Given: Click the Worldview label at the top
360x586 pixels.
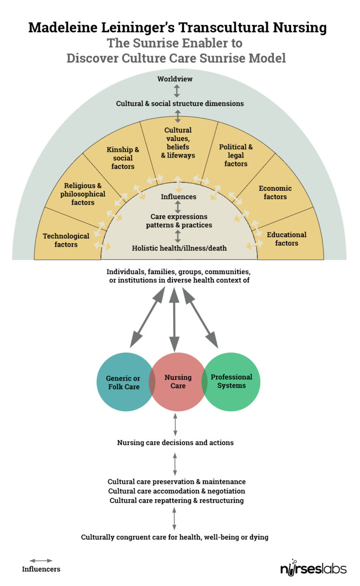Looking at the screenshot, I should pos(175,79).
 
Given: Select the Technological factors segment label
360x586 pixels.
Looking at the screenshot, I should pos(66,240).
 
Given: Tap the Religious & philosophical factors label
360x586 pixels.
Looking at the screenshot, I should pos(83,194).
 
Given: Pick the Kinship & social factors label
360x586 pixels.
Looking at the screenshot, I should pos(123,158).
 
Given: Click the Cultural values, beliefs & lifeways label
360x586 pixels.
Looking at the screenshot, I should pos(178,143).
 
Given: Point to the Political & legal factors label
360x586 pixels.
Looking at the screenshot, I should pos(236,155).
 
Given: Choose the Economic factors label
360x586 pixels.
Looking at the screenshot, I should pos(275,192).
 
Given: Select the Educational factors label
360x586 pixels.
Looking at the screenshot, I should pos(286,239).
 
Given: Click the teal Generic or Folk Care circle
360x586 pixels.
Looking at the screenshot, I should pos(122,383).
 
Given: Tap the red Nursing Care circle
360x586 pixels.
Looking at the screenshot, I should pos(178,382).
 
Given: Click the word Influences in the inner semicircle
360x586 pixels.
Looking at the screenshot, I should pos(178,197).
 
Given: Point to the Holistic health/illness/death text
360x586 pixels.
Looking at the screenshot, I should pos(180,248).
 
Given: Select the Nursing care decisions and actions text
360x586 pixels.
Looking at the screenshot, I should pos(175,443).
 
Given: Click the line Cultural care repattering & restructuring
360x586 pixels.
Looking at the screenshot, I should pos(176,500).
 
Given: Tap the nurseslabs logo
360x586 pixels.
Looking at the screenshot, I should pos(313,568).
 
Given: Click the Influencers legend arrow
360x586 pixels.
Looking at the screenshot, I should pos(41,560).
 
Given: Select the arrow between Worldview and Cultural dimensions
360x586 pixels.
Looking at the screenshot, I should pos(177,91).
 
